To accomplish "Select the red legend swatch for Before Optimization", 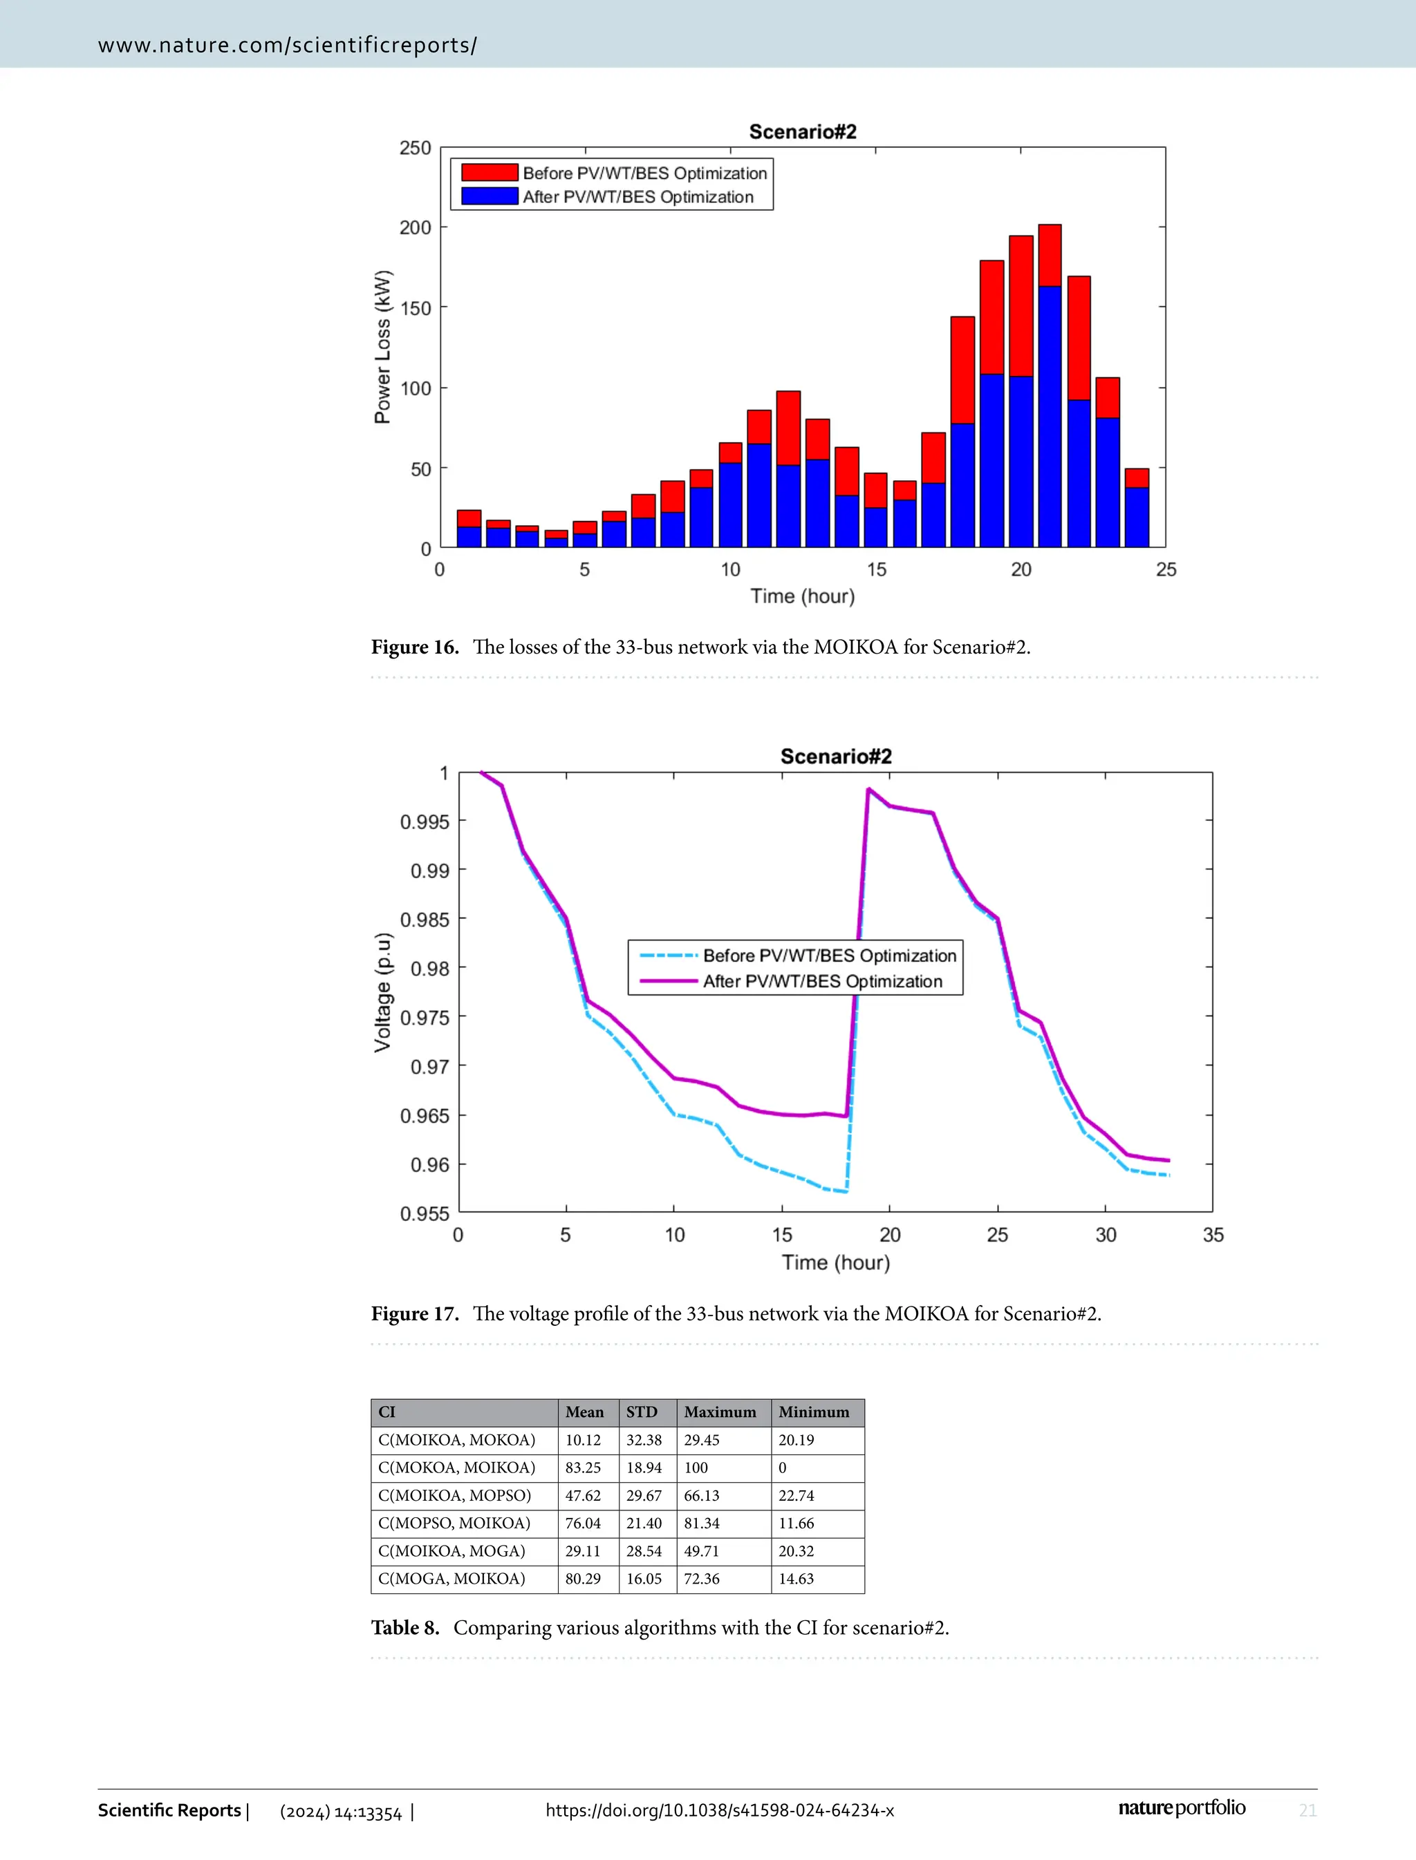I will click(x=490, y=173).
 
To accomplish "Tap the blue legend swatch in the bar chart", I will click(x=490, y=196).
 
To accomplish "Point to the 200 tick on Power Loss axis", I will click(x=415, y=227).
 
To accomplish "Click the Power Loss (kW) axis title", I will click(x=382, y=347).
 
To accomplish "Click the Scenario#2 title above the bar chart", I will click(x=803, y=131).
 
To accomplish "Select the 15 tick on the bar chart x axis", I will click(x=877, y=569).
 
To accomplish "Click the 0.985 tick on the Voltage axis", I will click(x=425, y=919).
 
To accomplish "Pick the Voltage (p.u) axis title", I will click(x=382, y=992).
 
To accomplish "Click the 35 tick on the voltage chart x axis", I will click(x=1213, y=1235).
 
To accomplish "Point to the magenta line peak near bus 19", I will click(x=868, y=789).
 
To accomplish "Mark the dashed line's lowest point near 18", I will click(x=846, y=1191).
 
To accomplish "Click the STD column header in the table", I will click(x=642, y=1412).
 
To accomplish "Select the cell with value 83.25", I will click(x=584, y=1468).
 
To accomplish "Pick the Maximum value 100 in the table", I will click(x=696, y=1468).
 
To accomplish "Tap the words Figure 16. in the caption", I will click(x=415, y=647).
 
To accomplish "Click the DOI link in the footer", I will click(x=720, y=1810).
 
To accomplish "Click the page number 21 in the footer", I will click(x=1307, y=1810).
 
